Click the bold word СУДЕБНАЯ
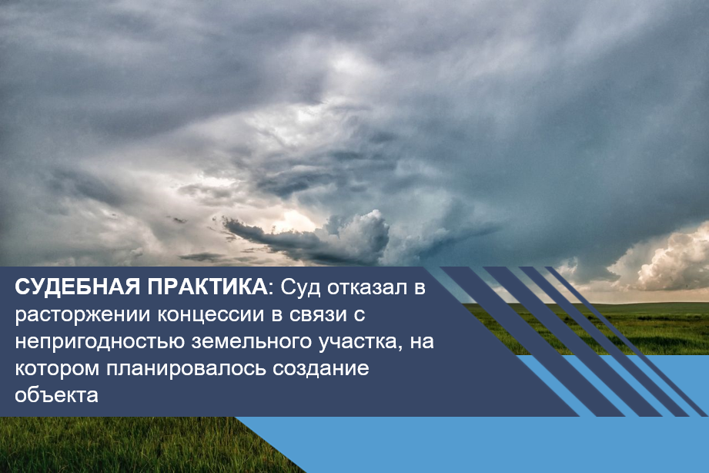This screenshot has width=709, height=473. click(77, 288)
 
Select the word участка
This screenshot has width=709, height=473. click(361, 342)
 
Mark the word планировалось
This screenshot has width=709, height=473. click(186, 369)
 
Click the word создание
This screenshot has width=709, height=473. click(320, 368)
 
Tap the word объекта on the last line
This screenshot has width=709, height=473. click(56, 394)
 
